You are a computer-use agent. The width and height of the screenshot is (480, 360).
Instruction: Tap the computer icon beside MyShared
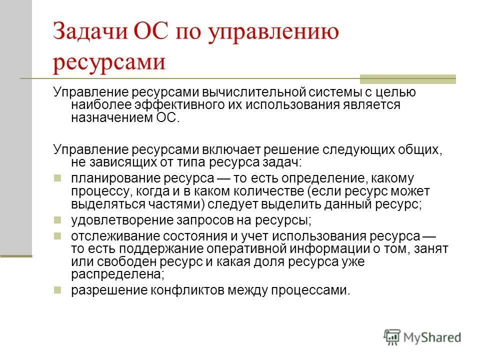click(392, 337)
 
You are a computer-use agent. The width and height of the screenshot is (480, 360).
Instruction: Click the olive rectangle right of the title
click(408, 78)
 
